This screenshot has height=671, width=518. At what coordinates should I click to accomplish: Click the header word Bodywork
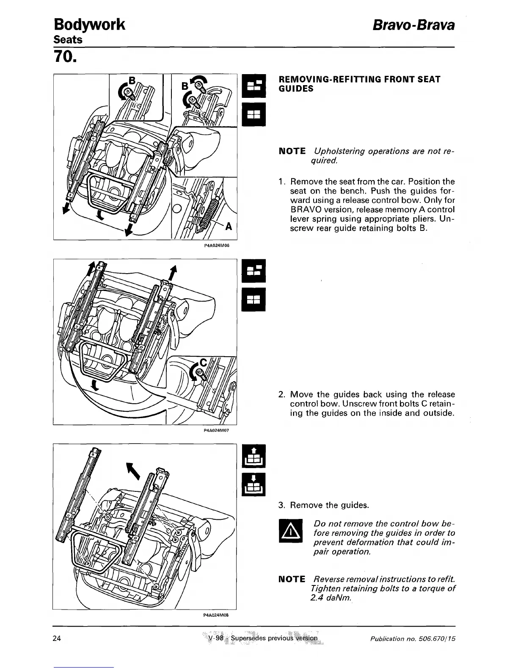point(89,25)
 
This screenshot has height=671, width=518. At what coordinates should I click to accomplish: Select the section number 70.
point(65,57)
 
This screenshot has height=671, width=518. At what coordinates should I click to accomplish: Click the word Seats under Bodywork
point(68,40)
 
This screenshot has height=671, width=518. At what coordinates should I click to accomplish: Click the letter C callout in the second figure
point(204,362)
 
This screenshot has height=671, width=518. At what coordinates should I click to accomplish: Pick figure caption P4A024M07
point(216,430)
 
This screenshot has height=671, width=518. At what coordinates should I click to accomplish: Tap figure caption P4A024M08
point(216,615)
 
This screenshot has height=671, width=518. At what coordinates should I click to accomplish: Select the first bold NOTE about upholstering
point(292,151)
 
